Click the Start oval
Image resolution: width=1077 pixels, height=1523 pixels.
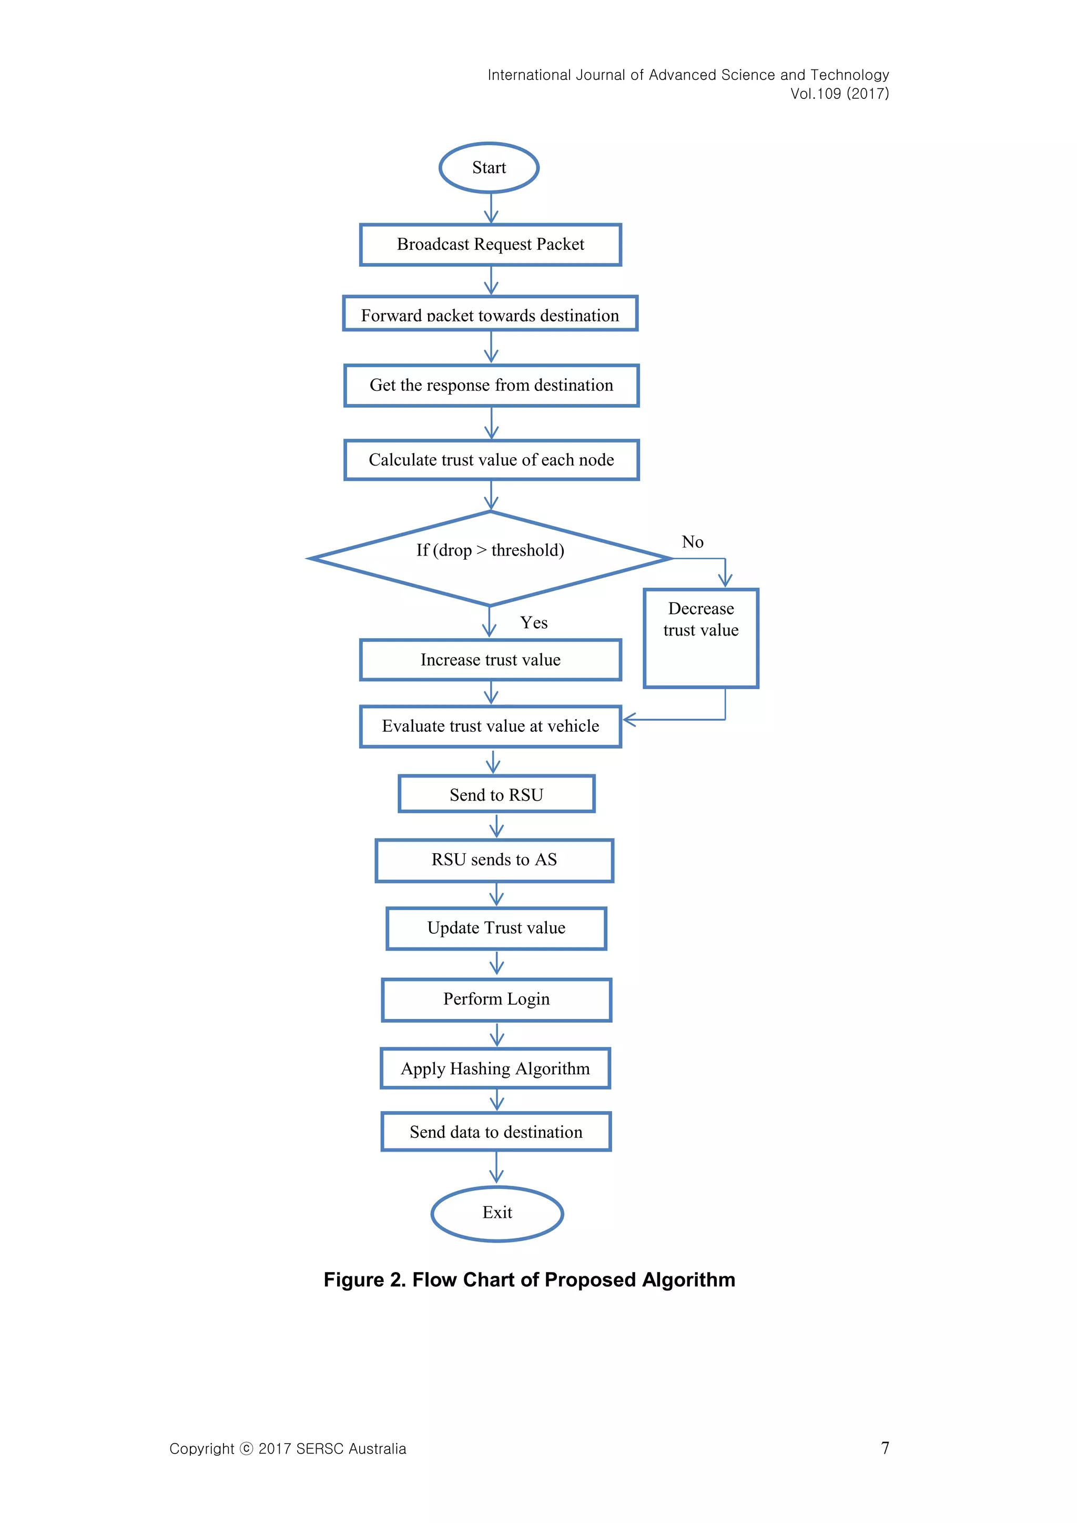(x=489, y=168)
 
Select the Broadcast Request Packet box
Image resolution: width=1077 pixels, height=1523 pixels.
(x=490, y=245)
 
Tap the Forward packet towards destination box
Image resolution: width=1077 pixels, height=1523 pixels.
(x=490, y=314)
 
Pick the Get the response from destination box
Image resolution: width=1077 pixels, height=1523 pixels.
(x=491, y=386)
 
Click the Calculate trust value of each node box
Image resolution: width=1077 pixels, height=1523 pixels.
(x=491, y=460)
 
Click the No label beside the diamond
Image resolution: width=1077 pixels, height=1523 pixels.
(x=693, y=542)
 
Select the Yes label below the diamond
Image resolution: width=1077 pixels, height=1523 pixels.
(x=533, y=622)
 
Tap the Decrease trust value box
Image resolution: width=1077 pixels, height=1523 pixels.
(x=701, y=638)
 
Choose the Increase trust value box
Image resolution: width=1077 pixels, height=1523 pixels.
(x=490, y=660)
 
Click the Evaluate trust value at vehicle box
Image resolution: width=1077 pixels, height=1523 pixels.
(x=490, y=727)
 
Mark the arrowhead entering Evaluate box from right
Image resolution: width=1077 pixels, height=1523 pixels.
(x=629, y=720)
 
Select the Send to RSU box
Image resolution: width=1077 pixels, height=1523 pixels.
(x=496, y=794)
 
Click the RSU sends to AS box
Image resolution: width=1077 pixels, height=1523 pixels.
(x=494, y=860)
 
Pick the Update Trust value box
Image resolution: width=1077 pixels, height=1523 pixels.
(x=496, y=928)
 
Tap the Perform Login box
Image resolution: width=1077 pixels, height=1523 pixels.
(x=496, y=1000)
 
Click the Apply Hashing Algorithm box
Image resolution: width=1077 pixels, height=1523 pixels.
(x=495, y=1068)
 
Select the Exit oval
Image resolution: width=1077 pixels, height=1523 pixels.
(x=497, y=1213)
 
